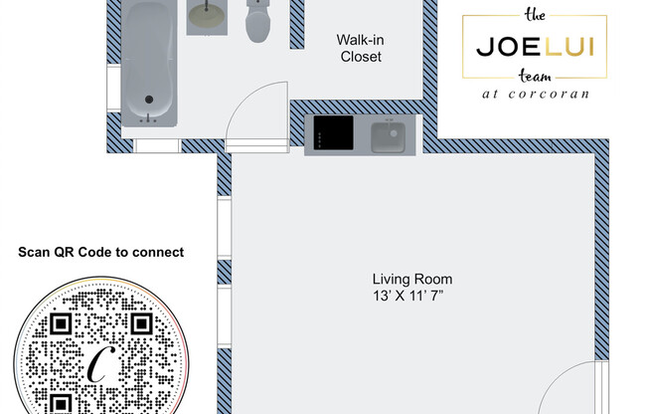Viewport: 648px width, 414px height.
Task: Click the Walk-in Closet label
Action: point(361,48)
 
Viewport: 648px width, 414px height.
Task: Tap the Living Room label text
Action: point(412,279)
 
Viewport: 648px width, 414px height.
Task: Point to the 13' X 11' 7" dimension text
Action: point(408,296)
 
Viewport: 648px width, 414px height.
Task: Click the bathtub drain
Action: point(149,100)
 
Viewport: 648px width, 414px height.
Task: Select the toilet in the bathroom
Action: point(258,21)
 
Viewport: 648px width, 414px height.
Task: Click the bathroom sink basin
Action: point(207,16)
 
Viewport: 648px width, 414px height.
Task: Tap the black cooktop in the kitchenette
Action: point(334,132)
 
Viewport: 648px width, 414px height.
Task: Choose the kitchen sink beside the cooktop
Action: point(388,136)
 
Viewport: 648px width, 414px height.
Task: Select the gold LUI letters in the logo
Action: point(570,47)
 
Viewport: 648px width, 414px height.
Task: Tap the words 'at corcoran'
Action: point(536,95)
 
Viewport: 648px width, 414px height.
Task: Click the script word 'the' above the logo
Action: point(535,15)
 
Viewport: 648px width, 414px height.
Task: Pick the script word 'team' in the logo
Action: point(535,77)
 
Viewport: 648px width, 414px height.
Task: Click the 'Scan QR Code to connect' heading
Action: point(101,252)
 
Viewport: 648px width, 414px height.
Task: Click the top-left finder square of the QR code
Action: point(61,323)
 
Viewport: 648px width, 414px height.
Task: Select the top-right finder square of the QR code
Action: point(142,323)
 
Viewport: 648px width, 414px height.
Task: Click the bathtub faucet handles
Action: point(149,118)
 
